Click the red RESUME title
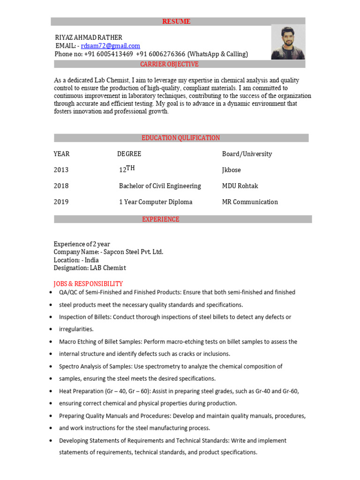pos(176,22)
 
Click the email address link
pos(110,46)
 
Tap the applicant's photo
pos(288,42)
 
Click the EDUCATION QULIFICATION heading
pos(180,138)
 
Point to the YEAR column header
pos(61,154)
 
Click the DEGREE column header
pos(129,154)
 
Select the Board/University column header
pos(247,154)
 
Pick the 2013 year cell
pos(61,170)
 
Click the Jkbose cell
pos(231,170)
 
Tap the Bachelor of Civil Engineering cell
pos(160,186)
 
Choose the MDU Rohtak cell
pos(240,186)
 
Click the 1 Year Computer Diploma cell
pos(156,202)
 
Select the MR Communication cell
pos(250,202)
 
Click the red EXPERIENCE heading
pos(161,219)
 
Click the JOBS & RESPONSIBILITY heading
pos(88,284)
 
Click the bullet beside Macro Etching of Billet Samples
pos(50,342)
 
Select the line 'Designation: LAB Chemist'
pos(90,268)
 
